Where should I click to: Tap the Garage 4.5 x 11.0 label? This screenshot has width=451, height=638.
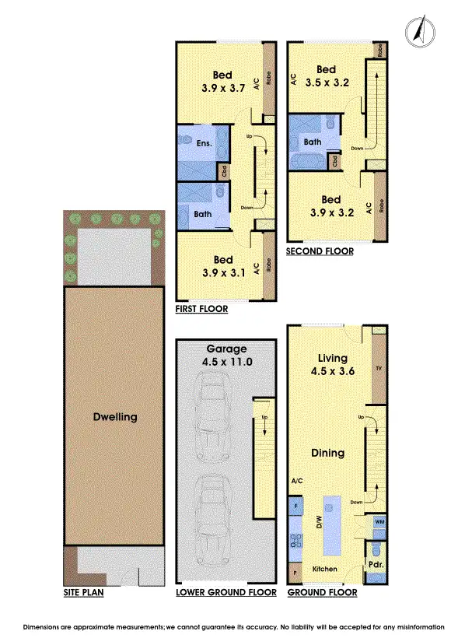coord(226,355)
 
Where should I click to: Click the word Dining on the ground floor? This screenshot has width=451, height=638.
coord(327,453)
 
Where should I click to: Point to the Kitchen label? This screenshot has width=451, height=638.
coord(325,570)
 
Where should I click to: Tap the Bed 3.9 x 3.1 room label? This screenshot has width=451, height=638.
coord(223,266)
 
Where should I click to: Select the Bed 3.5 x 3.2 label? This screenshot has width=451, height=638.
coord(326,75)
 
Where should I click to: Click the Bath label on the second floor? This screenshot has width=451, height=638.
coord(313,142)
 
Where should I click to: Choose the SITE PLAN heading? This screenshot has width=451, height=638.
coord(84,593)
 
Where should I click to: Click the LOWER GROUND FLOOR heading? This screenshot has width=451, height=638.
coord(226,593)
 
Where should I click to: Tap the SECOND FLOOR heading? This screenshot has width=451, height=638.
coord(320,251)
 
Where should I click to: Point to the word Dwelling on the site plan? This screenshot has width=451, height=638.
coord(114,416)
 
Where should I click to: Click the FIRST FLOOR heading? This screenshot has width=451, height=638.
coord(202,309)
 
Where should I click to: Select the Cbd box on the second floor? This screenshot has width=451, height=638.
coord(334,162)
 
